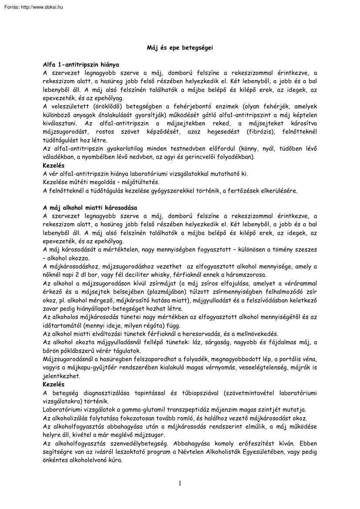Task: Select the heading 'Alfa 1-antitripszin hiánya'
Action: (81, 64)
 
